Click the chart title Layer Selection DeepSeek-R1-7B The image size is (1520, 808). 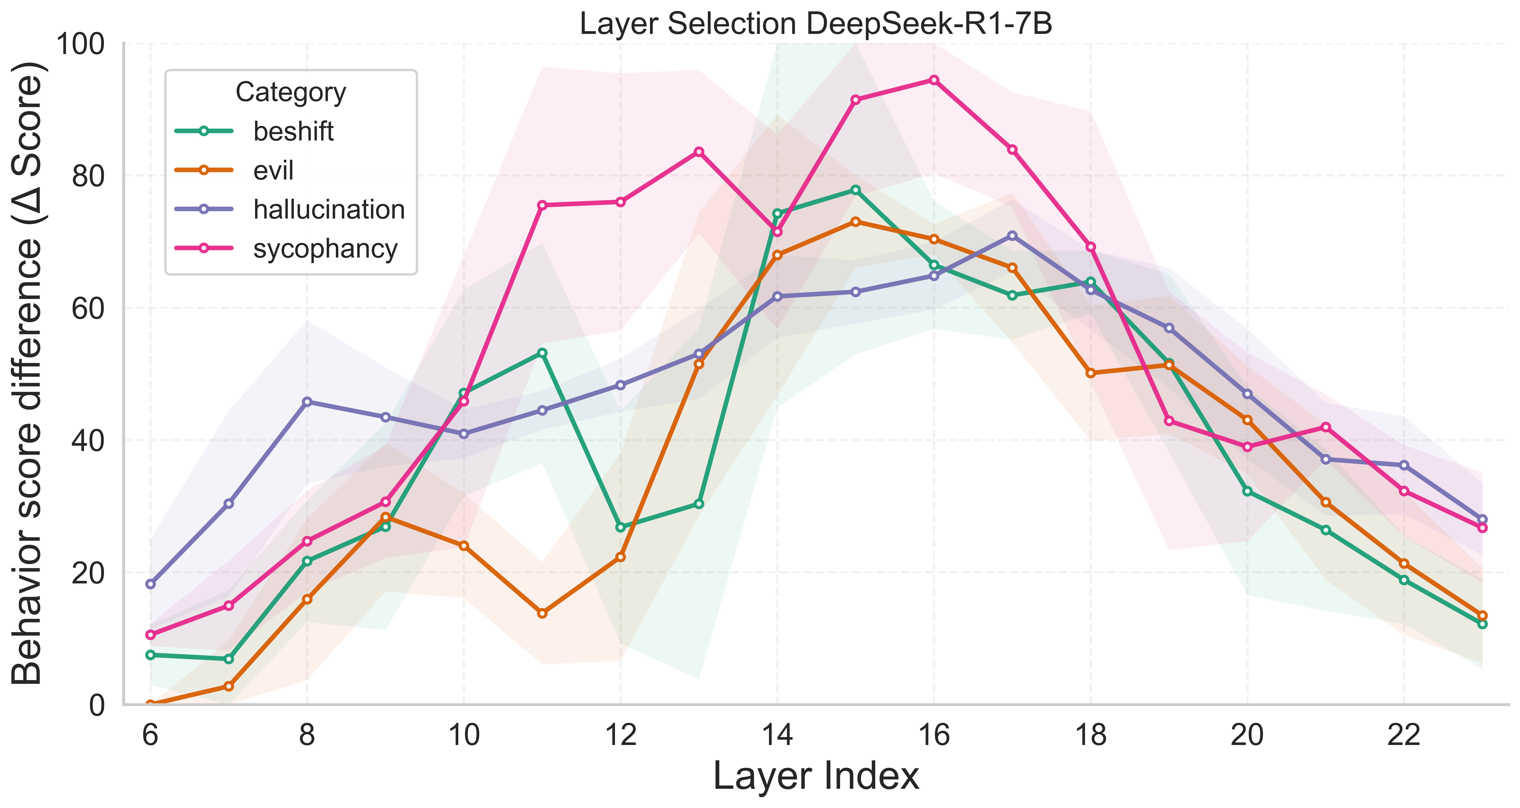[x=816, y=24]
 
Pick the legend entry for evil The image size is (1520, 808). [x=273, y=170]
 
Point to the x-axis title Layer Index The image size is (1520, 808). [x=816, y=776]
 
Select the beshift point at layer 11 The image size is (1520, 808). [x=542, y=353]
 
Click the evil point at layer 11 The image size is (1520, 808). [x=542, y=613]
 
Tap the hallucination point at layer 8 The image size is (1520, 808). [x=307, y=402]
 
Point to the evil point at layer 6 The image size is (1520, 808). [x=150, y=704]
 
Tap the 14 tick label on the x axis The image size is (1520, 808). [x=777, y=735]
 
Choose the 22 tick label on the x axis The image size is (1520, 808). [x=1404, y=735]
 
